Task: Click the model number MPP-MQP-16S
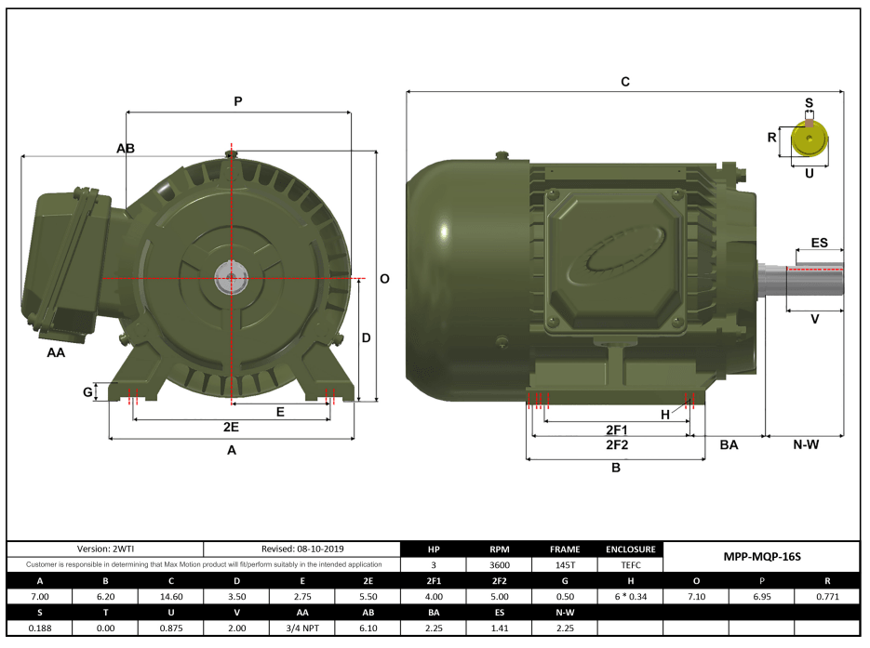point(761,556)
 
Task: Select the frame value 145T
point(565,564)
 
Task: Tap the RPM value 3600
point(498,564)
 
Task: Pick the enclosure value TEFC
point(631,564)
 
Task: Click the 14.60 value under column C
point(171,597)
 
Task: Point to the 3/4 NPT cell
point(302,628)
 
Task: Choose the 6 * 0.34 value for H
point(631,597)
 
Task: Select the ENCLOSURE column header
point(631,549)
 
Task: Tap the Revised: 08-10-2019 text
point(302,549)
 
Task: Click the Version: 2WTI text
point(105,549)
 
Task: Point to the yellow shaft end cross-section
point(809,140)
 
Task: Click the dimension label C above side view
point(625,82)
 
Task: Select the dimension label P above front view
point(238,102)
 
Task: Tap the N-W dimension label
point(805,445)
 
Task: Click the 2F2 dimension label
point(617,445)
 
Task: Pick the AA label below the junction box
point(57,352)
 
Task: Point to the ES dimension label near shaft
point(819,243)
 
